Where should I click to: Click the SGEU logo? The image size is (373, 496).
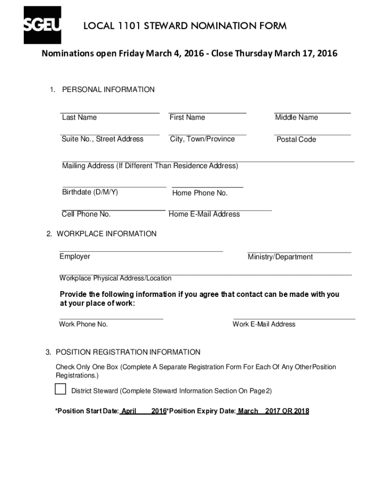point(42,25)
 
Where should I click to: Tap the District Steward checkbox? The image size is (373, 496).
point(61,389)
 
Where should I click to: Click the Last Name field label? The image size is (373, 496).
point(79,118)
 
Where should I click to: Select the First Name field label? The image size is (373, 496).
point(187,118)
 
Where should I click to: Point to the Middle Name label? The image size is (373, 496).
point(296,118)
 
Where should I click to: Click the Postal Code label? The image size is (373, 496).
point(296,139)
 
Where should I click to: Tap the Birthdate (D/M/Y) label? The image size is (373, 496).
point(90,192)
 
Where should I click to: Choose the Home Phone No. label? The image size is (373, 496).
point(200,193)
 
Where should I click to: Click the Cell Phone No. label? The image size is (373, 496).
point(86,214)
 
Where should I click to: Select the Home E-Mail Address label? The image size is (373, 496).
point(204,214)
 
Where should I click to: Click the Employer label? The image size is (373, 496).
point(75,257)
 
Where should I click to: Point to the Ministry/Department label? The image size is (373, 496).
point(280,257)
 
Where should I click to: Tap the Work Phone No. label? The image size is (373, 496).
point(83,324)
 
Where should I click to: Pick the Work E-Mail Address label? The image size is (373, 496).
point(264,324)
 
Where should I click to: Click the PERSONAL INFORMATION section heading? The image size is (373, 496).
point(108,90)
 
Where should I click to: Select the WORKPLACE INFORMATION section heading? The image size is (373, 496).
point(107,234)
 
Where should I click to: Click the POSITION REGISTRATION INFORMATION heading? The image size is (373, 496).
point(128,352)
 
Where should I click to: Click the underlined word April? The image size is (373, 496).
point(128,411)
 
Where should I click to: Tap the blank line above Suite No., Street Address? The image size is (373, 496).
point(109,134)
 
